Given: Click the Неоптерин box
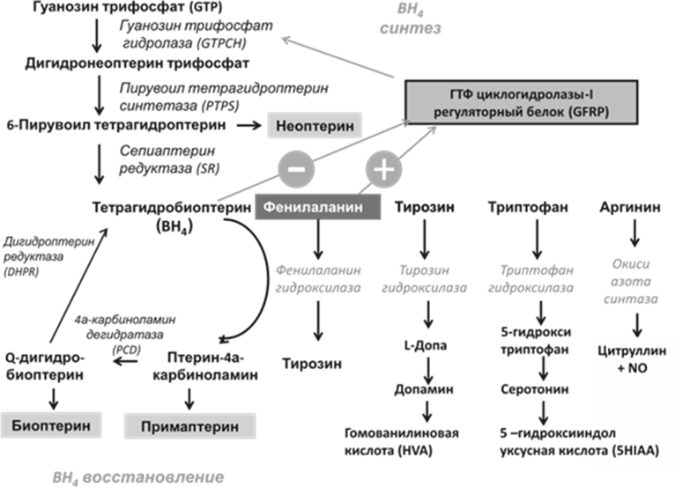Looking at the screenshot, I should [x=314, y=127].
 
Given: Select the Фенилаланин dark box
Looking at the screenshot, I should [x=318, y=208].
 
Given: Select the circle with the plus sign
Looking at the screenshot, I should [x=382, y=167].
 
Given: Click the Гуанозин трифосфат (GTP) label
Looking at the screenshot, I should [x=97, y=6].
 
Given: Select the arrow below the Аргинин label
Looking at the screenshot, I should [x=634, y=235].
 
